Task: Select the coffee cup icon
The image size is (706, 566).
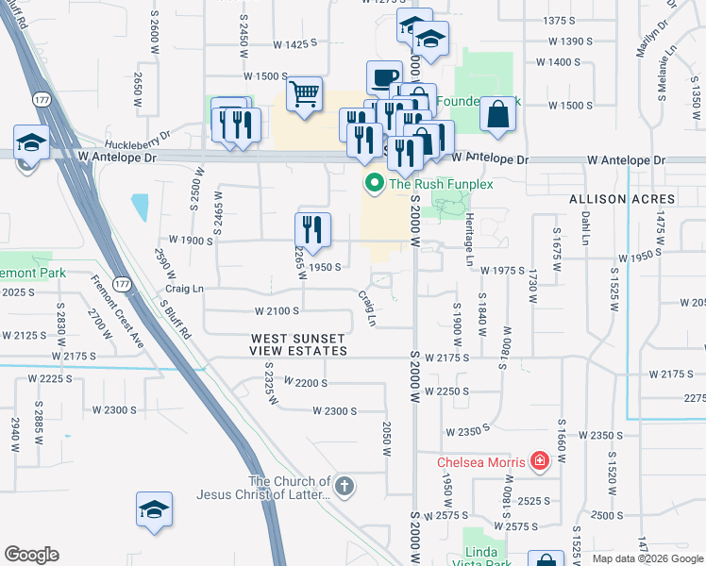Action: tap(384, 77)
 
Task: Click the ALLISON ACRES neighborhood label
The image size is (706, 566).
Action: tap(622, 200)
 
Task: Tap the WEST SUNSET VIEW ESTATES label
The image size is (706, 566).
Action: tap(298, 344)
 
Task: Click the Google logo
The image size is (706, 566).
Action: tap(32, 555)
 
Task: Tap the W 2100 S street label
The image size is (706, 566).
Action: tap(277, 310)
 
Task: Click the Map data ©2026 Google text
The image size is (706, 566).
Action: tap(647, 558)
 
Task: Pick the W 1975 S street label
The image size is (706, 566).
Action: tap(502, 271)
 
